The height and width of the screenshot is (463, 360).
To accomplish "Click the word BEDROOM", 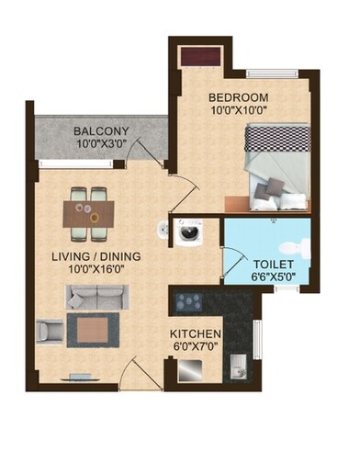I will pos(237,97).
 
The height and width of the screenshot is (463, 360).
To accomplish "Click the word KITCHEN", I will pos(196,333).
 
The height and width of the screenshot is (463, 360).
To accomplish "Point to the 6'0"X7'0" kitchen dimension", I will pos(196,346).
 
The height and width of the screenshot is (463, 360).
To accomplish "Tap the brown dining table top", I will pos(90,214).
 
